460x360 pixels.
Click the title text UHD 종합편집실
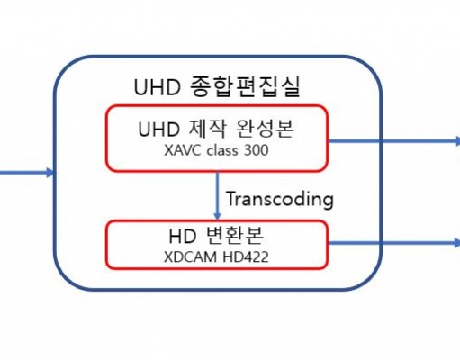217,86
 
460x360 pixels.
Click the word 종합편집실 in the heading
245,86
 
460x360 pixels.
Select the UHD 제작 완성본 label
216,129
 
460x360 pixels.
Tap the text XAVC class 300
216,150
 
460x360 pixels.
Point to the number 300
257,150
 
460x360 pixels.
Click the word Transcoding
280,199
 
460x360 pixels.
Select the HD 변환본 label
216,236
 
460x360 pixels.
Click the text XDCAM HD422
216,257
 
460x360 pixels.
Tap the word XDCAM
190,257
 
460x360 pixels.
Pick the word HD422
246,257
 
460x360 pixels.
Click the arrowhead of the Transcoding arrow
218,216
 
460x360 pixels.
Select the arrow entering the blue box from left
27,173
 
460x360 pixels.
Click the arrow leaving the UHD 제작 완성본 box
394,140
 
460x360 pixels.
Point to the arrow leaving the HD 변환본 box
394,242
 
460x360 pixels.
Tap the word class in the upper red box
222,150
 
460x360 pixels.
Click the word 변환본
235,236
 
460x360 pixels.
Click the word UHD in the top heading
158,87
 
